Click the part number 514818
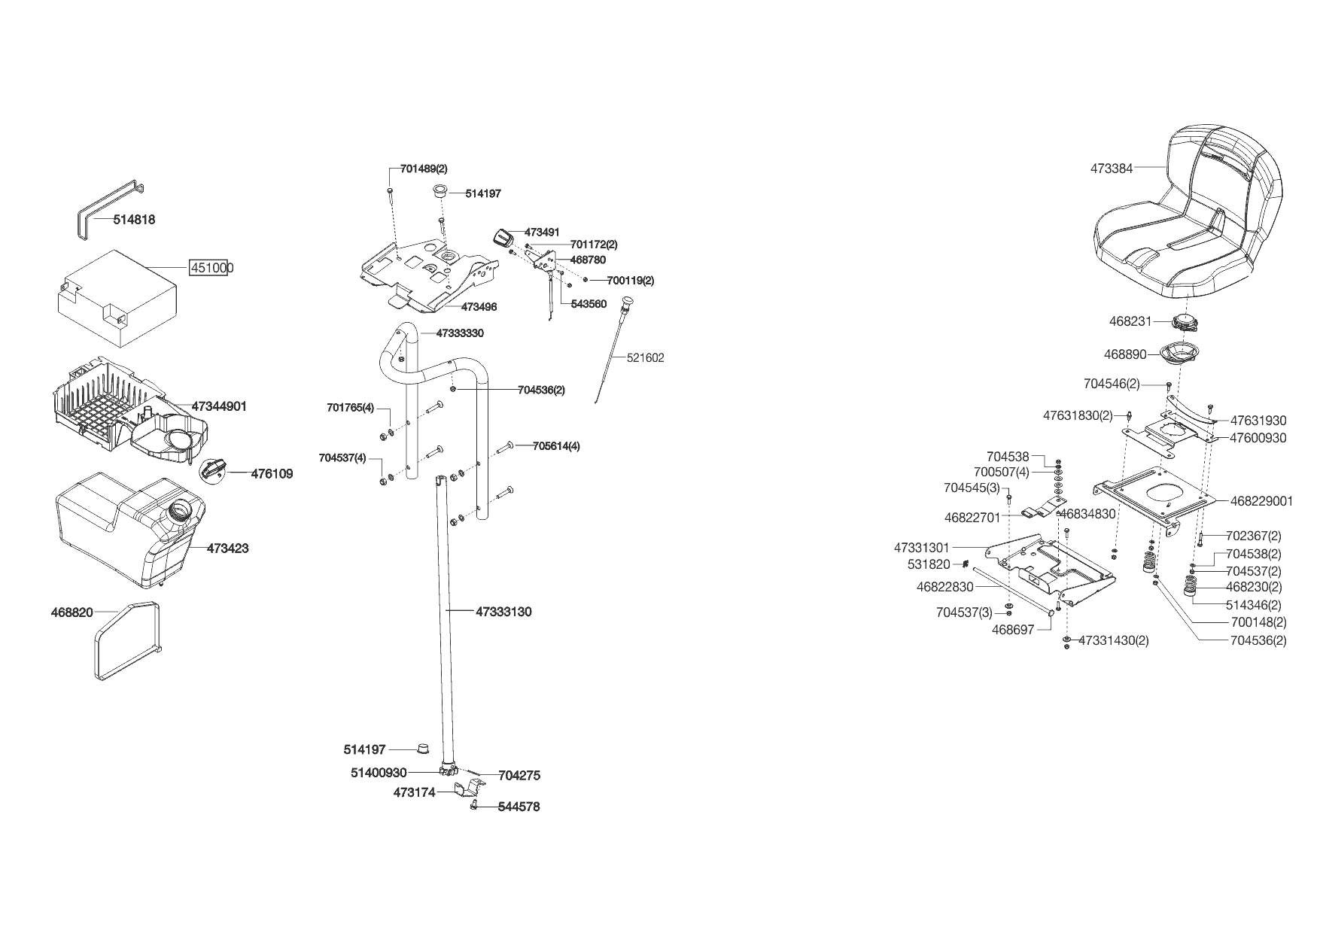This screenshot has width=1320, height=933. (134, 220)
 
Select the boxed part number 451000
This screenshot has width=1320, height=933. (210, 268)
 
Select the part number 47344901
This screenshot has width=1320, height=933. (219, 406)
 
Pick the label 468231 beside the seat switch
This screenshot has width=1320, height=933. (1130, 321)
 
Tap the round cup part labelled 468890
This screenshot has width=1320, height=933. (1179, 352)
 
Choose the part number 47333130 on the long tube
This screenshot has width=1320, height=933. (503, 612)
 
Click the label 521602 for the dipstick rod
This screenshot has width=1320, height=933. (646, 358)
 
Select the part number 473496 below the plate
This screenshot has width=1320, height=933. (479, 307)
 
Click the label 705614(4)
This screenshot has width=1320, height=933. (556, 445)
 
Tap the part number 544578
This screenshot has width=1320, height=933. (519, 807)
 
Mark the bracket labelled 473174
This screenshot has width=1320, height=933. (470, 789)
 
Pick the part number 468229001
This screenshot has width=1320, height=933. (1261, 501)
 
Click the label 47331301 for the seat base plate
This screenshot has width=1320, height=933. (922, 548)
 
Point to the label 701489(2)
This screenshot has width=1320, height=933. (424, 169)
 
